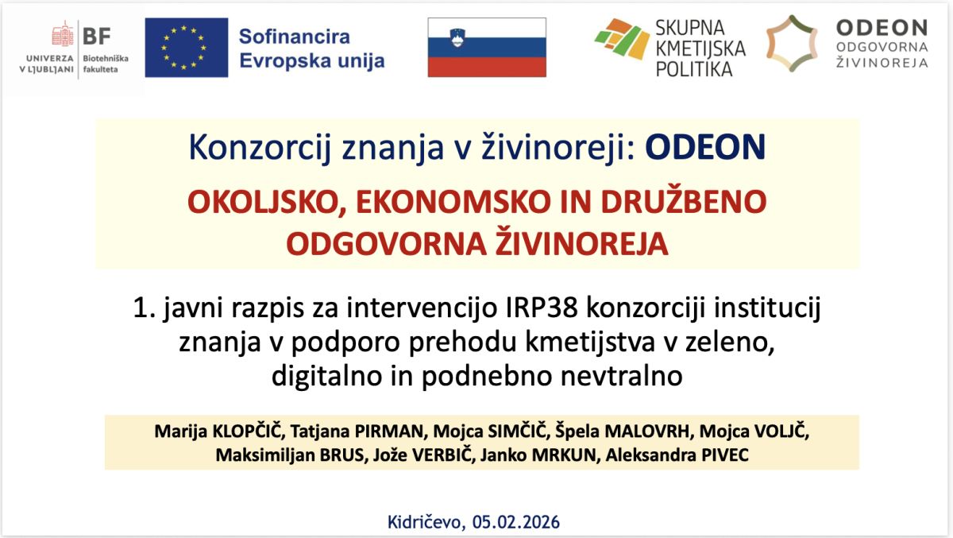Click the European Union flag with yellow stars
[x=187, y=47]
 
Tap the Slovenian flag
[x=487, y=47]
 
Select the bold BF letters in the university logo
[x=97, y=37]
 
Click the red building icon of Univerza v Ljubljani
[x=63, y=33]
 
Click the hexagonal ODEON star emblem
[x=792, y=44]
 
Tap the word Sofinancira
[x=295, y=37]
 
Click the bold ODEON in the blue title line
[x=705, y=147]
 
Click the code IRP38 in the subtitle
[x=542, y=308]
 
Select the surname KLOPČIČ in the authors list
[x=247, y=431]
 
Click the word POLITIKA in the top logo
[x=694, y=69]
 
